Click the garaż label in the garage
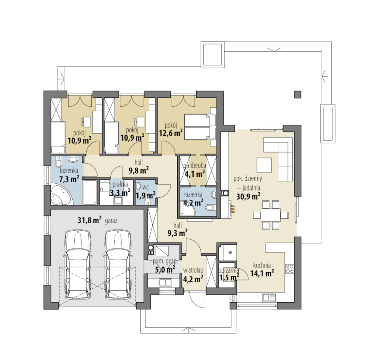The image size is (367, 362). pyautogui.click(x=111, y=221)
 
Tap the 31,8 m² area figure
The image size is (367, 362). pyautogui.click(x=90, y=220)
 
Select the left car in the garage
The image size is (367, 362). pyautogui.click(x=77, y=265)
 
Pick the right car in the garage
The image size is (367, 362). pyautogui.click(x=117, y=265)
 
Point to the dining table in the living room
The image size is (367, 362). pyautogui.click(x=271, y=215)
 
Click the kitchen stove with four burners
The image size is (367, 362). pyautogui.click(x=289, y=269)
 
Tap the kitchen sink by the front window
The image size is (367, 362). pyautogui.click(x=269, y=297)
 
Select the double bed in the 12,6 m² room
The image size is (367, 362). pyautogui.click(x=201, y=127)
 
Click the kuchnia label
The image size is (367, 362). pyautogui.click(x=262, y=265)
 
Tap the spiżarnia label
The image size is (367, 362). pyautogui.click(x=229, y=271)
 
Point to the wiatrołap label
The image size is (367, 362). pyautogui.click(x=193, y=270)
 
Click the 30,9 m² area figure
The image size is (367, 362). pyautogui.click(x=248, y=197)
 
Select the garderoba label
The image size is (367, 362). pyautogui.click(x=195, y=165)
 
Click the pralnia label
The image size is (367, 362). pyautogui.click(x=120, y=184)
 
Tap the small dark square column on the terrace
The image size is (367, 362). pyautogui.click(x=298, y=94)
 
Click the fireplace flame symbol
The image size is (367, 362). pyautogui.click(x=232, y=209)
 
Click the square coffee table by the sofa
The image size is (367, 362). pyautogui.click(x=264, y=165)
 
